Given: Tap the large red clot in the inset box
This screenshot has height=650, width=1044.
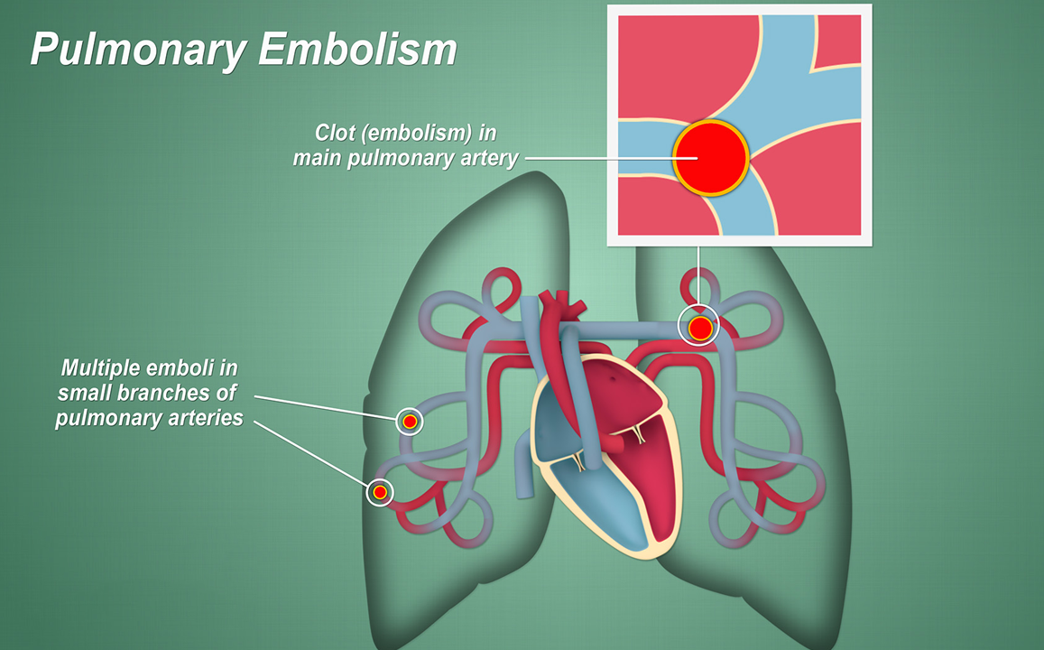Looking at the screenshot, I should pyautogui.click(x=710, y=157).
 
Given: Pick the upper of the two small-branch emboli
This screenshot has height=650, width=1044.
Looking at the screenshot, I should pyautogui.click(x=410, y=421).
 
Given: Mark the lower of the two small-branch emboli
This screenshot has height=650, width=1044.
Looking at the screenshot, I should pyautogui.click(x=381, y=491).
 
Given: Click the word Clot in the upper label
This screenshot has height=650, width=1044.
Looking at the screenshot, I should pyautogui.click(x=334, y=133).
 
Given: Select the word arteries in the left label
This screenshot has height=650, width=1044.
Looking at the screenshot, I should pyautogui.click(x=203, y=418).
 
